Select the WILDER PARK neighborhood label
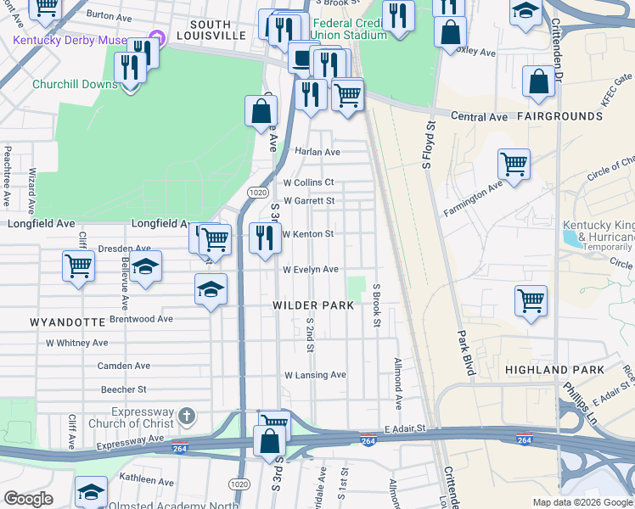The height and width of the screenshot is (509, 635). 307,305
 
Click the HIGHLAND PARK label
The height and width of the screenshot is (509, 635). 554,370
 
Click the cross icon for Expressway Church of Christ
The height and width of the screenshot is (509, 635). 188,417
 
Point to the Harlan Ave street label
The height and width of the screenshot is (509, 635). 317,152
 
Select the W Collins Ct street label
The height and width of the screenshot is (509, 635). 308,182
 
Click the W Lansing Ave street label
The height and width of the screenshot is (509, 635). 315,375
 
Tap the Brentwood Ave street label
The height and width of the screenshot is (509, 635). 141,320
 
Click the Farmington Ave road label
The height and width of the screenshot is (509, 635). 477,192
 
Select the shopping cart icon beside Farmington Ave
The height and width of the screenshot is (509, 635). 514,163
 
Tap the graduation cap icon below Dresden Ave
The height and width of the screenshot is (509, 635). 145,266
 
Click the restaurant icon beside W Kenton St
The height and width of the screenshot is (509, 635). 264,239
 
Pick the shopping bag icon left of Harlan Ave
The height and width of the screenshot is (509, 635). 261,110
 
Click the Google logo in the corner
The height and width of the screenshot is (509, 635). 28,499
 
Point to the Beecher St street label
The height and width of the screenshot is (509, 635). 124,389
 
